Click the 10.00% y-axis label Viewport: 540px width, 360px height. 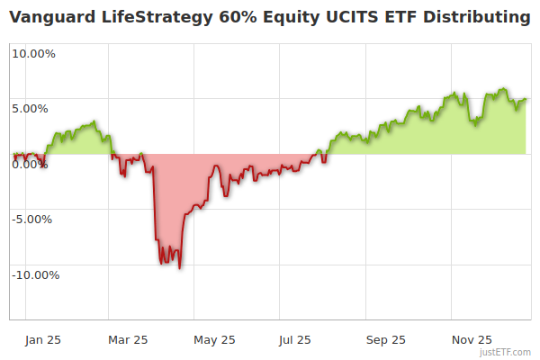[33, 52]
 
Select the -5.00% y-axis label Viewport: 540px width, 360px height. [33, 219]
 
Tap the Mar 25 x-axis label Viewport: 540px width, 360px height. [127, 339]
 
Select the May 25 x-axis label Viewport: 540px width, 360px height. [214, 339]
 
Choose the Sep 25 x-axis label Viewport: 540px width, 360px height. [385, 339]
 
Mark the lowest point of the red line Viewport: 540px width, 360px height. [180, 268]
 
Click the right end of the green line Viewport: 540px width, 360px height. [526, 99]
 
